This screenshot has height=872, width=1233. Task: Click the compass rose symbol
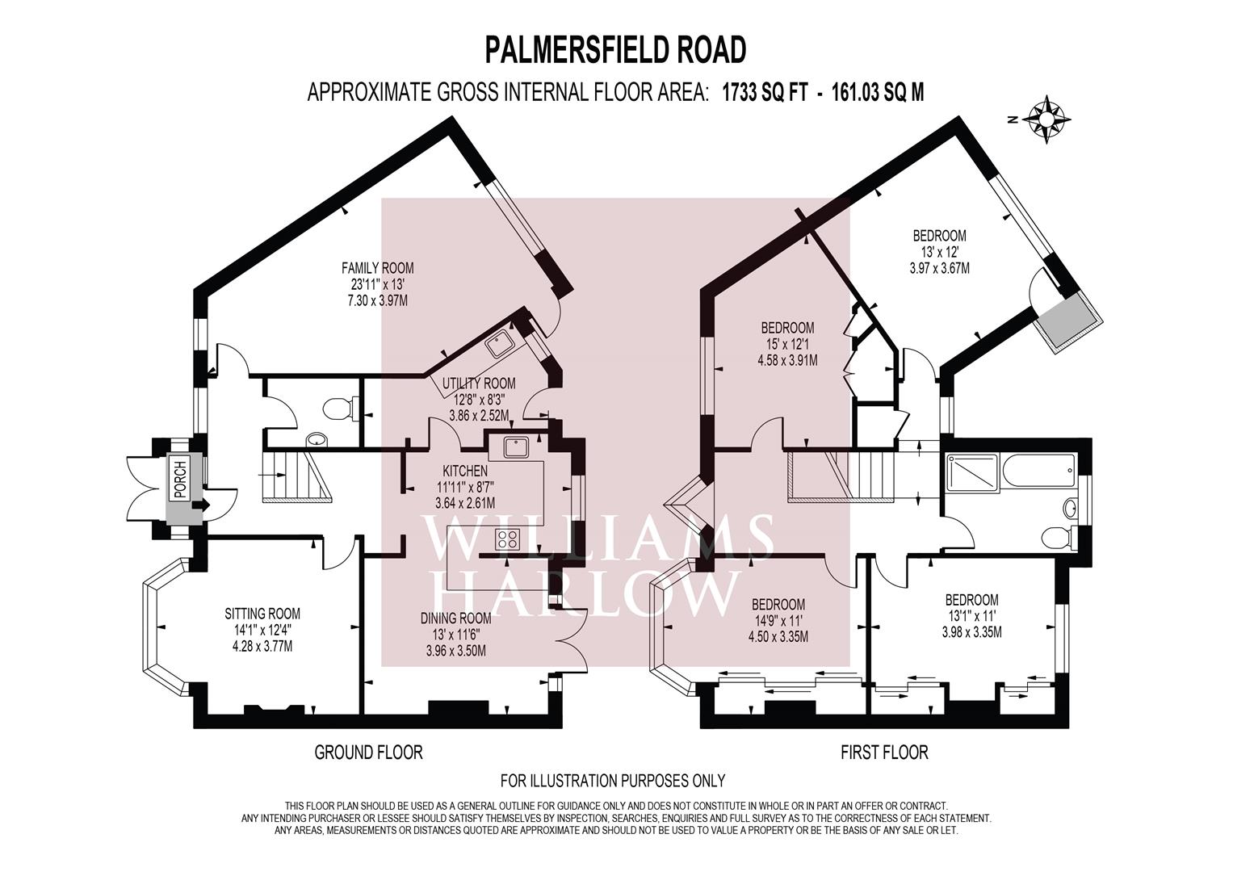click(x=1046, y=119)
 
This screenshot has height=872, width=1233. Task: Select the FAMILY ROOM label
click(x=377, y=268)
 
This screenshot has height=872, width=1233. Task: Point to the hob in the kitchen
click(x=507, y=539)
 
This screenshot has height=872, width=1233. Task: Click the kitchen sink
click(x=512, y=446)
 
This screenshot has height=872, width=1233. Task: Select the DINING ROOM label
click(x=455, y=618)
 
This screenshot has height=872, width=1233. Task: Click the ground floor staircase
click(x=292, y=476)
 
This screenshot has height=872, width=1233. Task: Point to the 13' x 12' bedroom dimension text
click(x=939, y=252)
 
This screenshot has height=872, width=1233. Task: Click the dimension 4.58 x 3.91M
click(x=787, y=361)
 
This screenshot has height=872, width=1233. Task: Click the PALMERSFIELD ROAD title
click(x=615, y=49)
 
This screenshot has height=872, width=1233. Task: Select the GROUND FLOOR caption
click(x=368, y=753)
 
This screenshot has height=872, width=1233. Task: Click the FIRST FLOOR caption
click(x=884, y=753)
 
